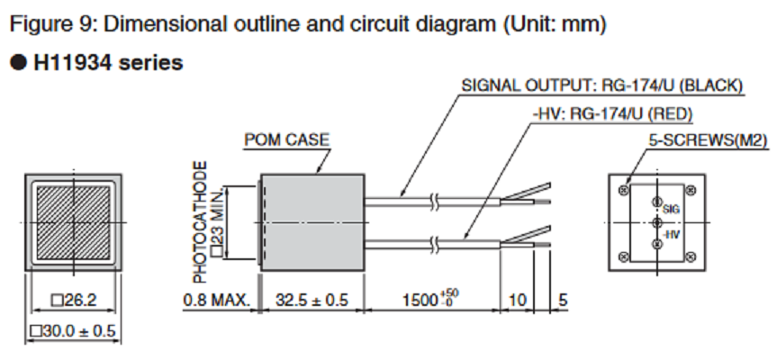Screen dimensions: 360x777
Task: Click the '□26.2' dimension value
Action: (x=71, y=300)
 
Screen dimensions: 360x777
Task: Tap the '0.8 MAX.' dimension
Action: (x=216, y=300)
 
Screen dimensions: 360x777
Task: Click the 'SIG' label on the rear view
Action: (x=669, y=208)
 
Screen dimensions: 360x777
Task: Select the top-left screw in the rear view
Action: (x=624, y=190)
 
